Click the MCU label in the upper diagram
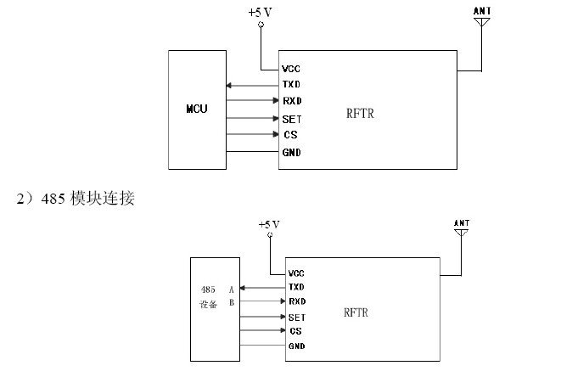(197, 109)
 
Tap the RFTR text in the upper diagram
(360, 114)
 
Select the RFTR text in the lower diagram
(356, 312)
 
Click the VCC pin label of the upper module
(291, 69)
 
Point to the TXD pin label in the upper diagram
(291, 84)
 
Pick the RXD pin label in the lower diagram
(297, 301)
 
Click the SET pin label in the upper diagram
(292, 119)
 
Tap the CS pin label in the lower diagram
(296, 331)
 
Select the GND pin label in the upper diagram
(292, 153)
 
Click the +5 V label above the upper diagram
(260, 13)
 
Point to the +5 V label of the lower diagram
(269, 225)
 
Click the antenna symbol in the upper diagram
(482, 22)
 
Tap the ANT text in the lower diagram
(462, 223)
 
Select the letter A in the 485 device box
(231, 290)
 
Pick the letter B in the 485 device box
(232, 303)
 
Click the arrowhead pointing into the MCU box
(229, 86)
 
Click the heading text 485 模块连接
(87, 199)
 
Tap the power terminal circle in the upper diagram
(261, 25)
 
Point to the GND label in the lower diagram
(297, 346)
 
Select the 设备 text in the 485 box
(208, 304)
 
